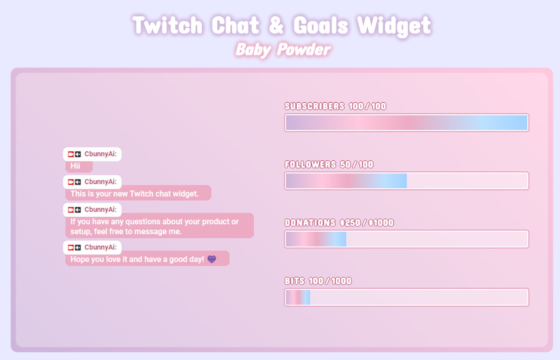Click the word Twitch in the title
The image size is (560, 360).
(167, 25)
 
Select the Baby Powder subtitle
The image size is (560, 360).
(283, 50)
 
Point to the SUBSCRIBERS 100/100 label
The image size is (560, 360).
(335, 106)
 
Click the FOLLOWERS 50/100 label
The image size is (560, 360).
(329, 164)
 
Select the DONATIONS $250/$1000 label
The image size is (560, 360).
(339, 223)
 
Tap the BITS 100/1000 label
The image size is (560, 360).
(318, 281)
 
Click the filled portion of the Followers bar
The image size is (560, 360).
(346, 181)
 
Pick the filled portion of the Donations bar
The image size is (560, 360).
(316, 239)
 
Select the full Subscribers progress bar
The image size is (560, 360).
(407, 123)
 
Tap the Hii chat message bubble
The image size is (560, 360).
(78, 166)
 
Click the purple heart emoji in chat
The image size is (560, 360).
(212, 259)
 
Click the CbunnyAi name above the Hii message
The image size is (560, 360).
(100, 154)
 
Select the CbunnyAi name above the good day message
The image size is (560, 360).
(100, 247)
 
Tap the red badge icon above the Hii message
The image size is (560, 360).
(71, 154)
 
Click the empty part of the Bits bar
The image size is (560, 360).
(419, 297)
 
